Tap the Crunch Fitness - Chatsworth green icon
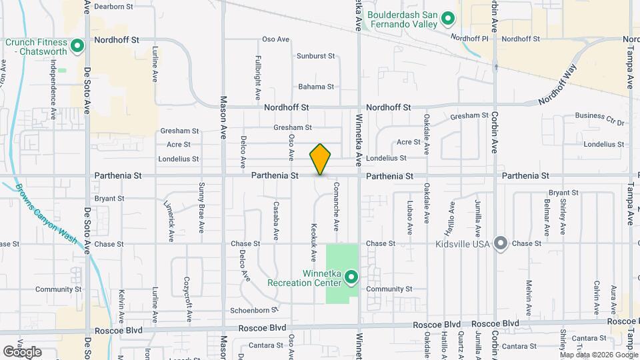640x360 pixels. click(x=77, y=46)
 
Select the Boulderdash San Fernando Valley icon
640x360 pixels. click(x=449, y=19)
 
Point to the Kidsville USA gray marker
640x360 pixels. click(x=501, y=243)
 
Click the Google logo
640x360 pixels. click(x=22, y=351)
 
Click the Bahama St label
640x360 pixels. click(x=315, y=87)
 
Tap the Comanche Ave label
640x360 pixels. click(x=337, y=203)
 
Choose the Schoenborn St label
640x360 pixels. click(x=253, y=310)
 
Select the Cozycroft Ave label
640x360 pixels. click(x=189, y=298)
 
